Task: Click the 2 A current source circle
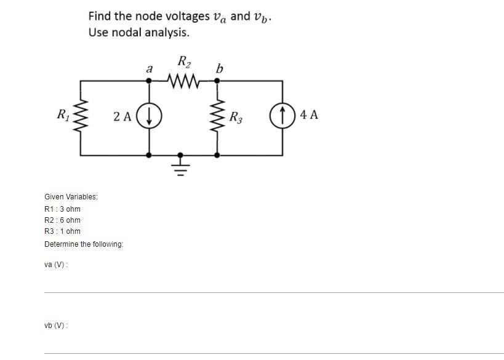[148, 116]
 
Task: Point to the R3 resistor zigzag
[217, 116]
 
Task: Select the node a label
[149, 70]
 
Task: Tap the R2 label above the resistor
[183, 62]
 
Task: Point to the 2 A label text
[122, 116]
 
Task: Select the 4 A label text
[309, 115]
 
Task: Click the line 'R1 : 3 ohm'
[62, 209]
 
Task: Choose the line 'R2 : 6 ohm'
[62, 220]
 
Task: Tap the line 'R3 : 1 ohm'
[62, 231]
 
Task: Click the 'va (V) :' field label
[56, 264]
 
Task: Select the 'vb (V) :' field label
[56, 325]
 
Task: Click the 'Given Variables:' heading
[71, 196]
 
